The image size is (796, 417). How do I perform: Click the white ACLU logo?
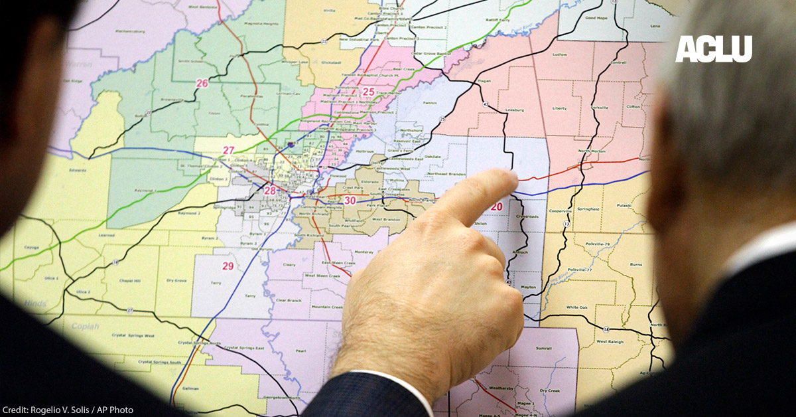tap(714, 49)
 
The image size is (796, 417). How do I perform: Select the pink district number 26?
tap(202, 83)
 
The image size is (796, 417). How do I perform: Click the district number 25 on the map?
tap(369, 92)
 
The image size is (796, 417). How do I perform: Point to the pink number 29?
tap(228, 266)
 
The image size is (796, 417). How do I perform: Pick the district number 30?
tap(350, 201)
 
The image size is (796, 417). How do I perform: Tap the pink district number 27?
tap(229, 150)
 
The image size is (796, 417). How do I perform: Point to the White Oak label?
tap(577, 307)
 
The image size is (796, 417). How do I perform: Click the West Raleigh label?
tap(610, 341)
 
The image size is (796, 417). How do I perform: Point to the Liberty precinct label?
tap(560, 108)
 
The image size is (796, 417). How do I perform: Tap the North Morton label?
tap(592, 151)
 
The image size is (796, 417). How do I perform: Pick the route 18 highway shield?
tap(606, 330)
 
